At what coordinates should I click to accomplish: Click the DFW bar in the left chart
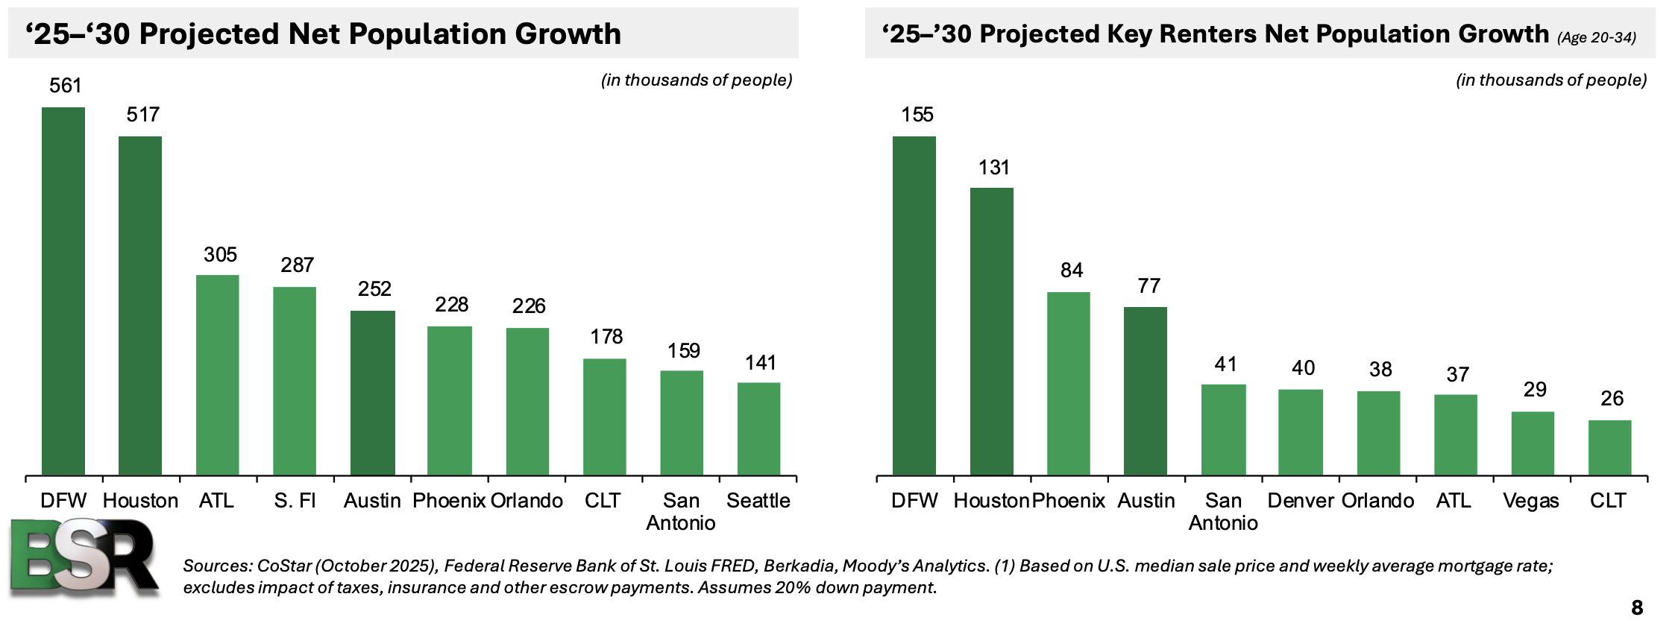coord(63,291)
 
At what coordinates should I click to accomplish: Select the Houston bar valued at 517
coord(140,306)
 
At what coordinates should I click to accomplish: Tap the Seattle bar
coord(758,429)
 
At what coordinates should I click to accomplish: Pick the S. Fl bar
coord(295,381)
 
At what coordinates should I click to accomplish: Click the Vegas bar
coord(1533,443)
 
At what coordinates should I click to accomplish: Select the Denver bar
coord(1301,432)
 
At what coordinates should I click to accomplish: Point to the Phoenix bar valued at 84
coord(1068,384)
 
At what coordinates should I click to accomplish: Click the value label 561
coord(65,86)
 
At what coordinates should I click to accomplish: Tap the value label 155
coord(917,115)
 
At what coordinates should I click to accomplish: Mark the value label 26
coord(1612,399)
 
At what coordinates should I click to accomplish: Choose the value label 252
coord(374,289)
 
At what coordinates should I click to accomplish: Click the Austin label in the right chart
coord(1146,501)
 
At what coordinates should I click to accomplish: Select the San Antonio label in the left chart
coord(680,511)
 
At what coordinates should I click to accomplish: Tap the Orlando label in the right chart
coord(1377,501)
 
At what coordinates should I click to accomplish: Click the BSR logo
coord(84,557)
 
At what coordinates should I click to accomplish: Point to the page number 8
coord(1637,607)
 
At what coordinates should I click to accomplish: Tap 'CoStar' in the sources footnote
coord(284,566)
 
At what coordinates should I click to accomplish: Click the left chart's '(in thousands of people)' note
coord(696,80)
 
